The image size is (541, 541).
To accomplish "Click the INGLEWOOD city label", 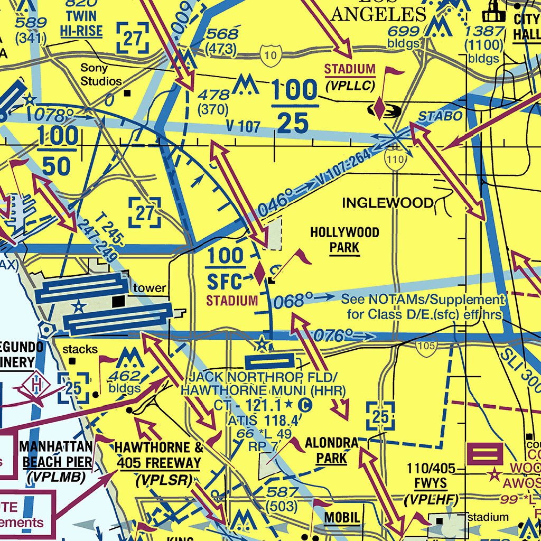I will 388,203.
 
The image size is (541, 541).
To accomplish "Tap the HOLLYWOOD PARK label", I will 344,240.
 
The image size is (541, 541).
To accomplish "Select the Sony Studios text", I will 101,74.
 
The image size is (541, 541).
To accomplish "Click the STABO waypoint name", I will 433,116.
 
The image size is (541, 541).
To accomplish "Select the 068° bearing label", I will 290,302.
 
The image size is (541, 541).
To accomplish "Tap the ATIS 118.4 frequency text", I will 259,421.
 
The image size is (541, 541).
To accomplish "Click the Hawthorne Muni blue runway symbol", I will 269,361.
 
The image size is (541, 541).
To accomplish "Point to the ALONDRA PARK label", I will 332,450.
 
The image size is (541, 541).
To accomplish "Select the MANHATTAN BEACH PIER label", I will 57,454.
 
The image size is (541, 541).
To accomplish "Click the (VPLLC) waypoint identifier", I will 350,86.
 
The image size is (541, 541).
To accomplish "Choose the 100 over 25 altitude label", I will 294,107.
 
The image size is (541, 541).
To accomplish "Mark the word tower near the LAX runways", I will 150,288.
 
